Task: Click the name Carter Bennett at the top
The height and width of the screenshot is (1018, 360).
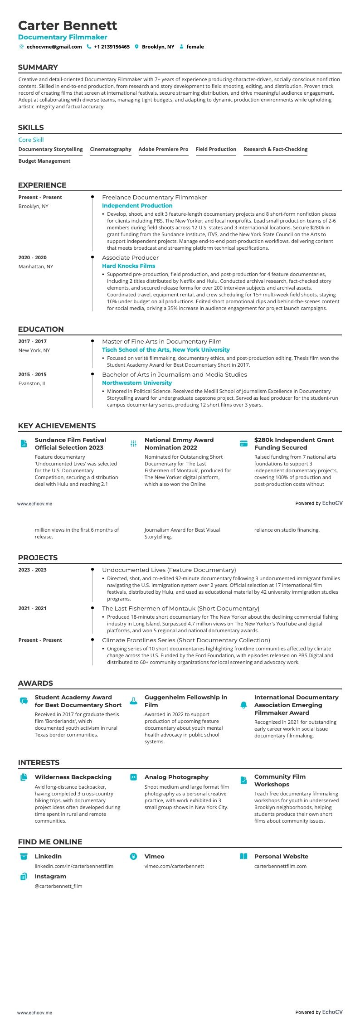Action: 68,25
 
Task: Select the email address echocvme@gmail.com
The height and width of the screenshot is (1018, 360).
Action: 54,47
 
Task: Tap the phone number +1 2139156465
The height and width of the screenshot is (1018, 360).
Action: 112,47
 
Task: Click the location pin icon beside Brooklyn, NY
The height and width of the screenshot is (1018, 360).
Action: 136,47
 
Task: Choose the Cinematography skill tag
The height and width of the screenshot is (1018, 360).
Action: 111,149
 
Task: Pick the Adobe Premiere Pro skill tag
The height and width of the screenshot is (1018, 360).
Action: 163,149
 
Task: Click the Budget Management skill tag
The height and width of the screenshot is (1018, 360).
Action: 44,161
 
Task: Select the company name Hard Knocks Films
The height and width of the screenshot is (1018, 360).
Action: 128,266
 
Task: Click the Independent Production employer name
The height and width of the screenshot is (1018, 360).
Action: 137,206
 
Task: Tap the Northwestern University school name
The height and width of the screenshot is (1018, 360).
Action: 137,383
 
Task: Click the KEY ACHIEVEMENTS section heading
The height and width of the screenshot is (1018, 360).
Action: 57,426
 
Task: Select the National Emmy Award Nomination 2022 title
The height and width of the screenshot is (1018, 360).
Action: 179,444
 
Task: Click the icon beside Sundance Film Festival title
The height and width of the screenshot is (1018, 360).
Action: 24,444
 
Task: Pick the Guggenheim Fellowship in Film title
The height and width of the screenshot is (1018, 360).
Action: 185,701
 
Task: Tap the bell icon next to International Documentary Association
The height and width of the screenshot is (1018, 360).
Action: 243,705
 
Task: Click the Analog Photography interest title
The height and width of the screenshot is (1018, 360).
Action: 176,777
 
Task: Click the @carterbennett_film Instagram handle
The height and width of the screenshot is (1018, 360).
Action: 58,886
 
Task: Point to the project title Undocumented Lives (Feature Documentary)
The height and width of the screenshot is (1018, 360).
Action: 169,570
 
